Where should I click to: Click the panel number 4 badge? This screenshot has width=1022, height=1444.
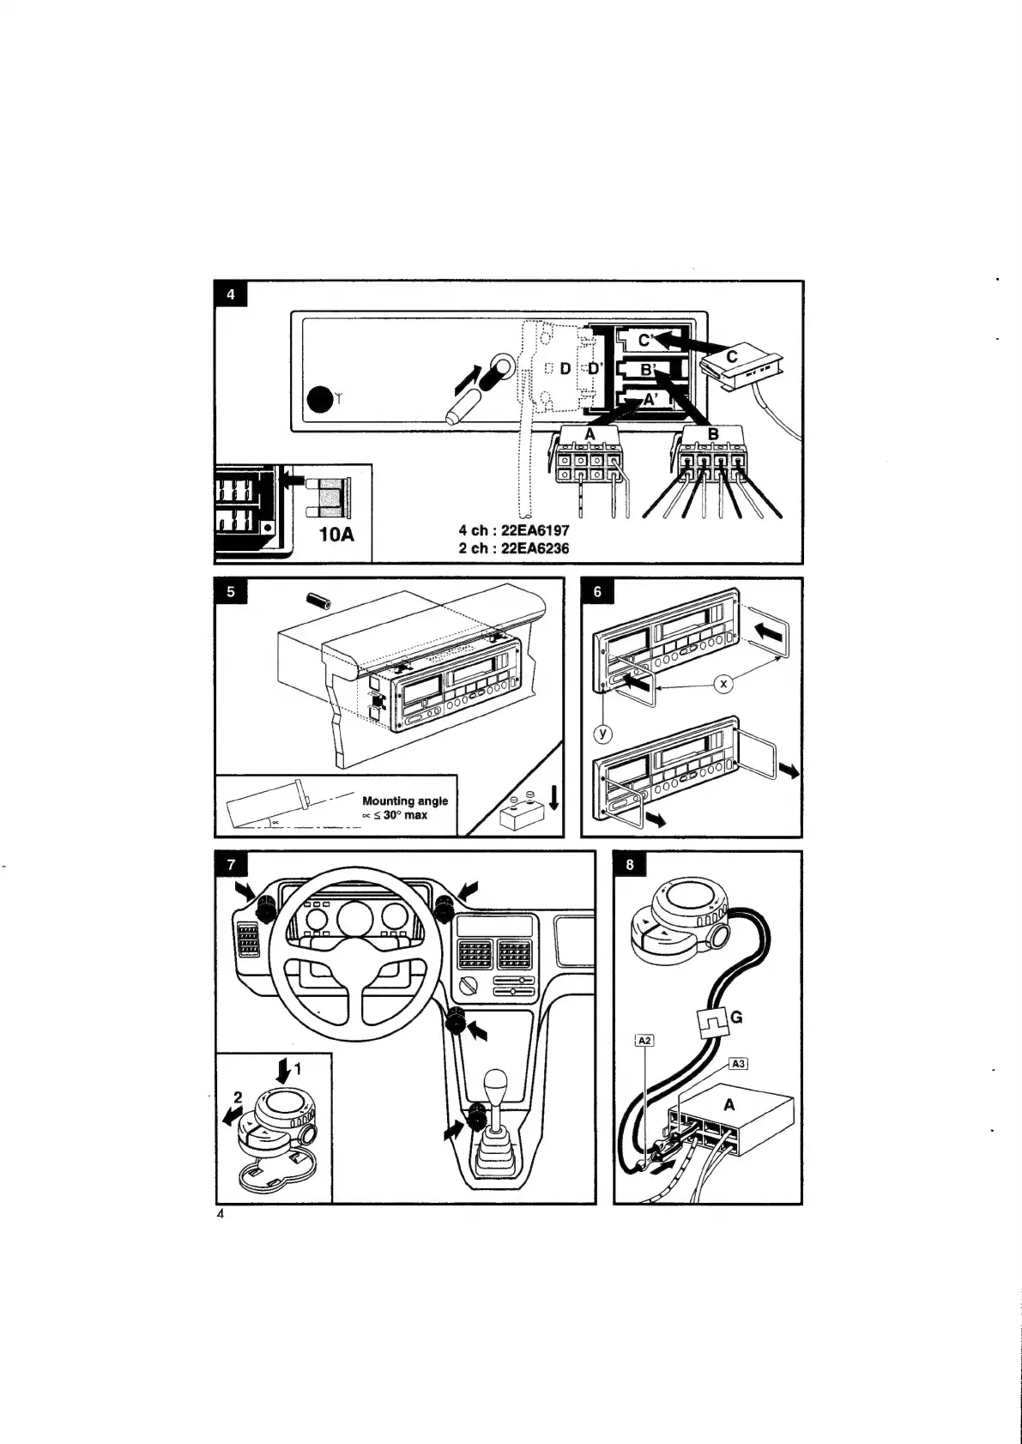coord(231,293)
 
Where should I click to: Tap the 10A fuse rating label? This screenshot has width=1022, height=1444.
coord(336,535)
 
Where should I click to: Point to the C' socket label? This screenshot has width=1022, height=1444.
coord(647,339)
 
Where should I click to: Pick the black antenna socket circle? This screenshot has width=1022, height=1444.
coord(319,400)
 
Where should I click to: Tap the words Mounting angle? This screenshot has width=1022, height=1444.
coord(405,801)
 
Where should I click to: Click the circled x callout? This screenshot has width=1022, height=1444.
coord(725,683)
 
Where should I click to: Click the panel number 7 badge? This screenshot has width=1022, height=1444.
coord(231,864)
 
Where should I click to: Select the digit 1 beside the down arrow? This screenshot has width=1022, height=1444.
coord(298,1069)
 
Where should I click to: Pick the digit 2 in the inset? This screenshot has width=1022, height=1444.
coord(239,1097)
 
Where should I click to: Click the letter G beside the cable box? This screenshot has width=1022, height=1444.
coord(735,1018)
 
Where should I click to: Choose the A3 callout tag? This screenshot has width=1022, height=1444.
coord(737,1064)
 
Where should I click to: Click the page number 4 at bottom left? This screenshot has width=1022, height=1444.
coord(220,1215)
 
